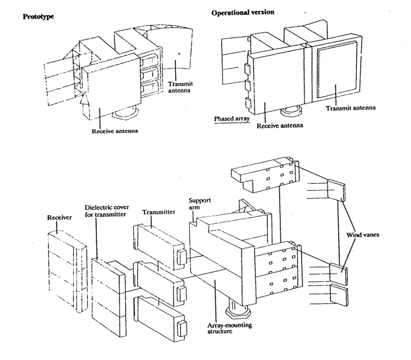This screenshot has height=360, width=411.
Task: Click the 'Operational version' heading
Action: [242, 12]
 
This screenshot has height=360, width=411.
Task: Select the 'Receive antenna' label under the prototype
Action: [114, 131]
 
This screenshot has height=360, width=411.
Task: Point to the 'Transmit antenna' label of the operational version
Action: [350, 108]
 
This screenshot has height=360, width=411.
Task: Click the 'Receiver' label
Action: [59, 217]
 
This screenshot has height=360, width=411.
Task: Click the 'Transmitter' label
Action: [158, 212]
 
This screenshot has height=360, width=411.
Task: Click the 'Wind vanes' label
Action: [363, 235]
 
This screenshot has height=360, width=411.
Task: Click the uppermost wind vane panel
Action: [336, 190]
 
